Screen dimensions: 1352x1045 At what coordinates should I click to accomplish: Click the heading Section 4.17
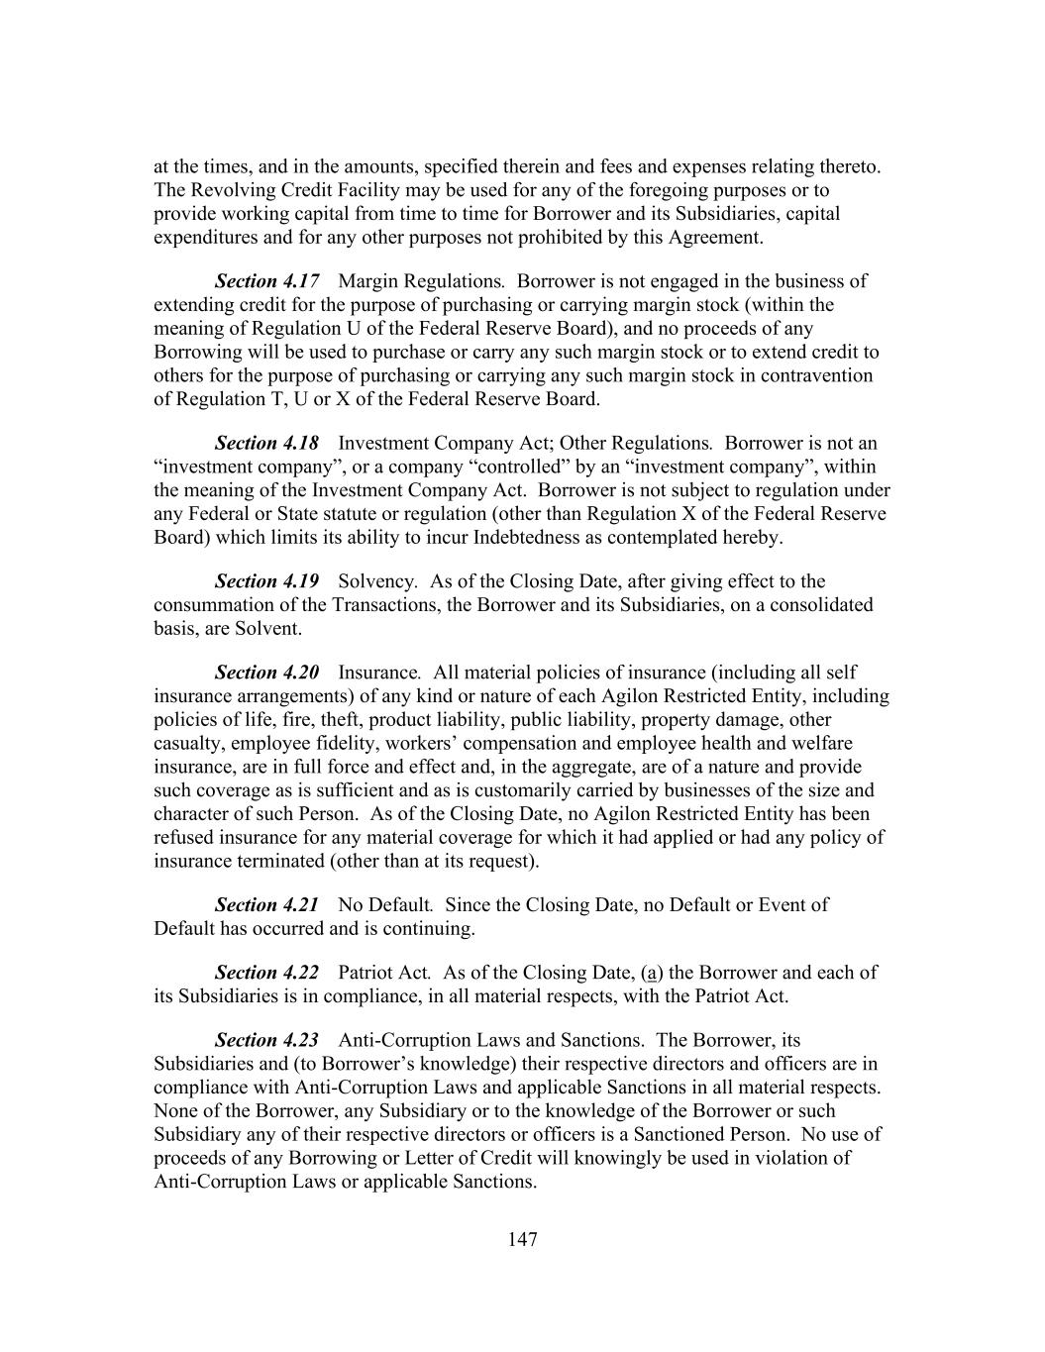pos(266,281)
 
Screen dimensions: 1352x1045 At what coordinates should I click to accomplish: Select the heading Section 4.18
pos(266,443)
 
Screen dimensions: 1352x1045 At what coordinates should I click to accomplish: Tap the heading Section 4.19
pos(266,581)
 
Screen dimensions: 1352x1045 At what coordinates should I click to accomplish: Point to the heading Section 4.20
pos(266,673)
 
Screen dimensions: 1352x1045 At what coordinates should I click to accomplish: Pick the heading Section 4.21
pos(266,905)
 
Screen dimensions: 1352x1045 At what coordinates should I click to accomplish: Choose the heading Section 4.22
pos(266,973)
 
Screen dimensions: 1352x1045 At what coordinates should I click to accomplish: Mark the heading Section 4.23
pos(266,1040)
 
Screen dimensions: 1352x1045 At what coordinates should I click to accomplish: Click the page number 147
pos(522,1239)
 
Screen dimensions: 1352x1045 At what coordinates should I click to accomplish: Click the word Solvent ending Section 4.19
pos(267,628)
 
